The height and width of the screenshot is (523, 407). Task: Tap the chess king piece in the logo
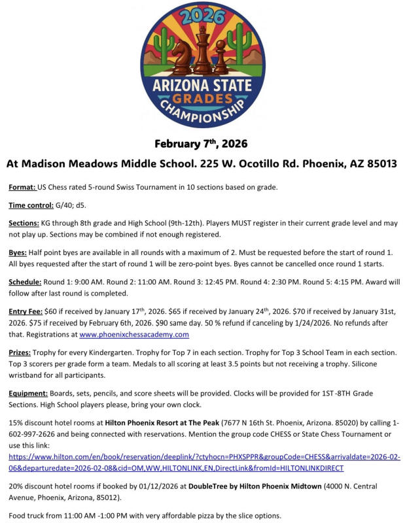coord(203,52)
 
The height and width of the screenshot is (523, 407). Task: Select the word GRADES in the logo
coord(203,97)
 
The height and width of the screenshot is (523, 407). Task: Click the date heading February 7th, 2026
coord(201,143)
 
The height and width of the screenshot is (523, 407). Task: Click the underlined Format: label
coord(22,188)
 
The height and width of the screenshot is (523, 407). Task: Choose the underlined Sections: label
coord(26,223)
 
